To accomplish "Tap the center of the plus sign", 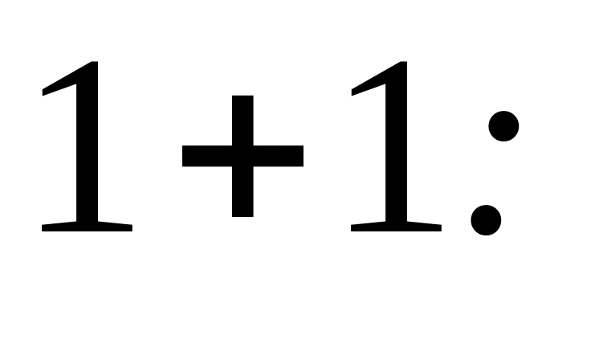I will [x=243, y=155].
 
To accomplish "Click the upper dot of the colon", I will [x=503, y=126].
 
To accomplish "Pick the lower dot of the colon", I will [x=486, y=219].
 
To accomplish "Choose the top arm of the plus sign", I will [x=243, y=117].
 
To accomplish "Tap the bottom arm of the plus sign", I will [x=243, y=197].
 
